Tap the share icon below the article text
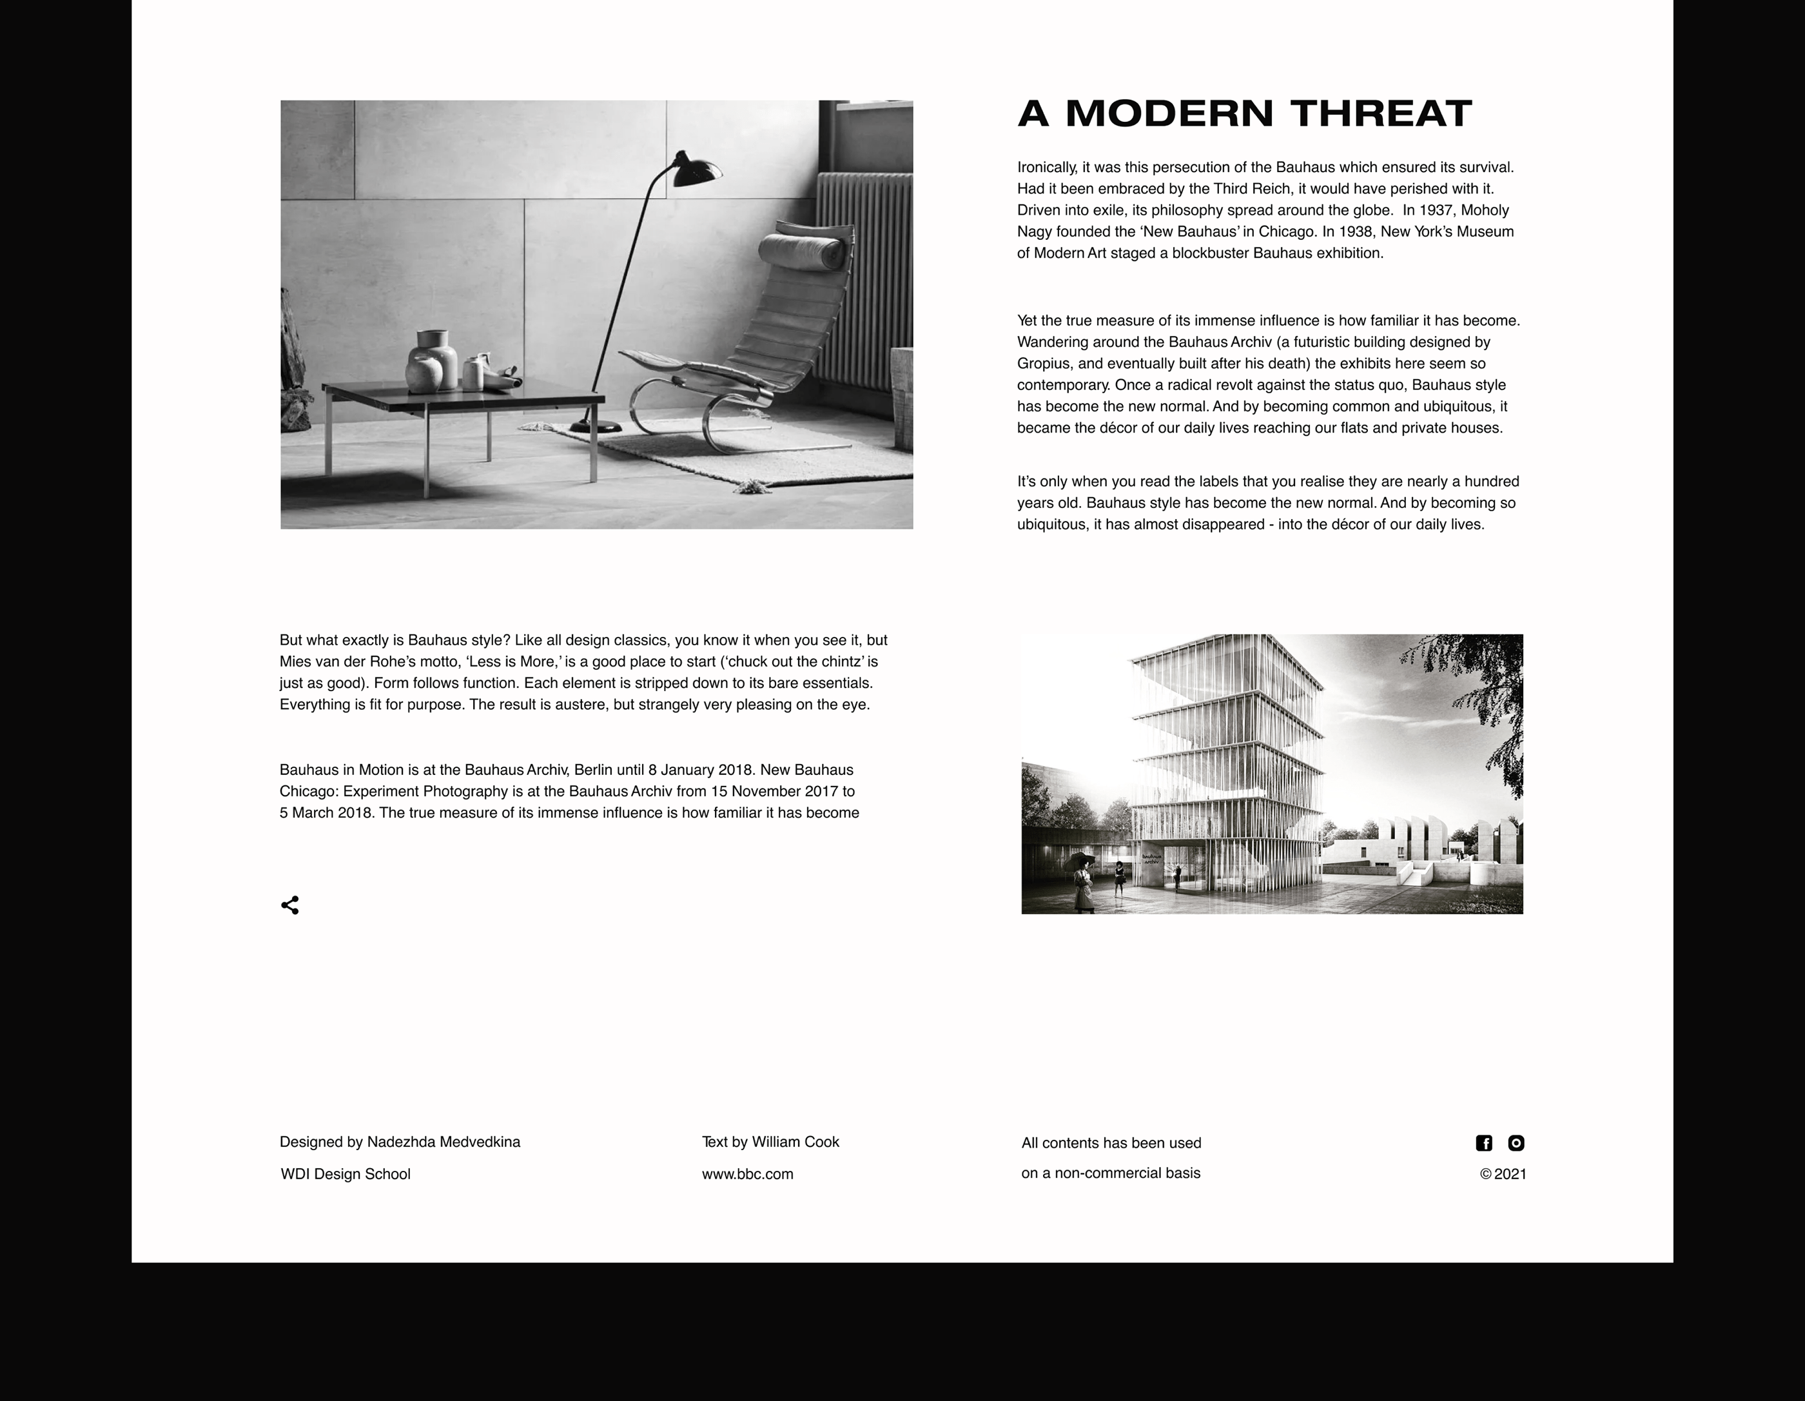tap(290, 905)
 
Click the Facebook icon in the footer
tap(1483, 1143)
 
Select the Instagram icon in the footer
tap(1516, 1143)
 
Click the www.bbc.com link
tap(747, 1173)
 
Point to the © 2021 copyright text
tap(1503, 1173)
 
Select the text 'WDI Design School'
tap(346, 1173)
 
